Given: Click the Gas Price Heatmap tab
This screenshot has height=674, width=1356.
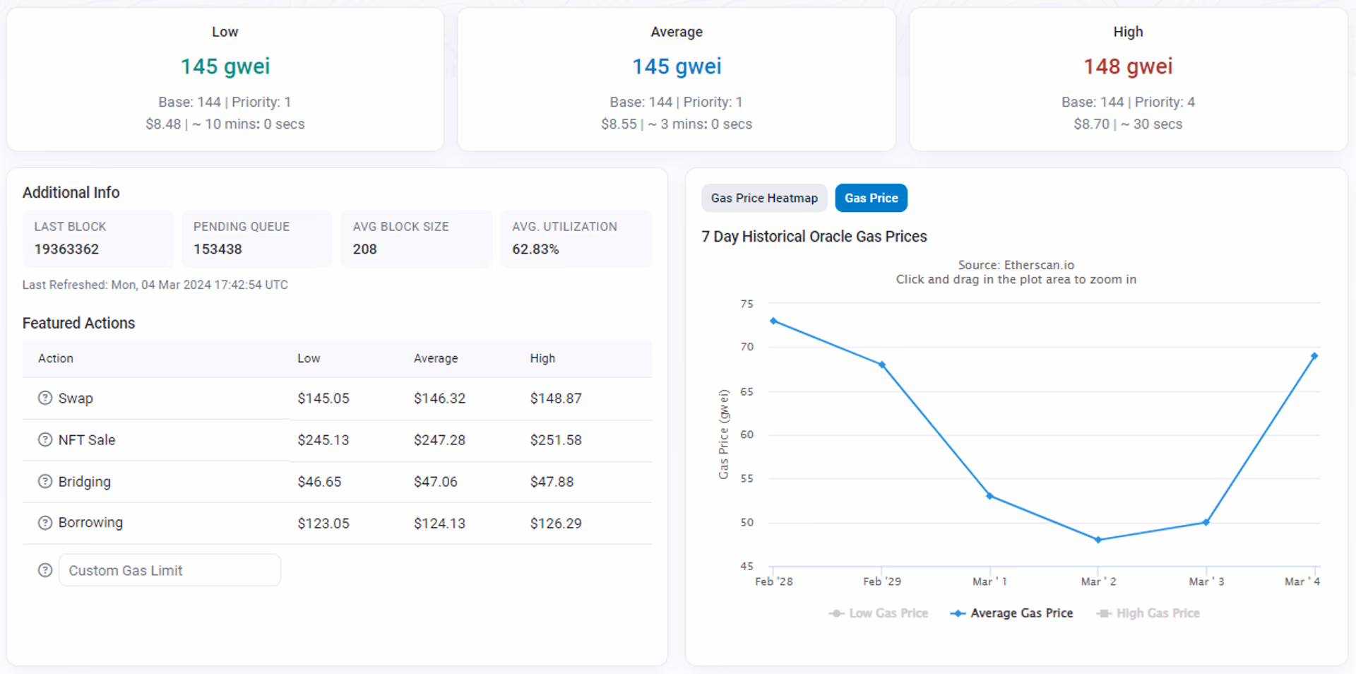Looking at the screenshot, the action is [x=764, y=199].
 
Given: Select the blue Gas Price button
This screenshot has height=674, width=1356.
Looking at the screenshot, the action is [x=871, y=199].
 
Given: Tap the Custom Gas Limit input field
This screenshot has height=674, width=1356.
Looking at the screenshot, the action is [x=169, y=570].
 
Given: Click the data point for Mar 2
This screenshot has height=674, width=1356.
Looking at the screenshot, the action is [x=1098, y=540].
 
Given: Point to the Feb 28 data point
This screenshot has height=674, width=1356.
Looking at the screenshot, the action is [x=773, y=321].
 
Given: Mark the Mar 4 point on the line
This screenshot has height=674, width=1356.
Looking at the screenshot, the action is [x=1314, y=356].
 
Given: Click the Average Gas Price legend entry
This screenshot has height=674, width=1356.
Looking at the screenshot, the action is [x=1011, y=613].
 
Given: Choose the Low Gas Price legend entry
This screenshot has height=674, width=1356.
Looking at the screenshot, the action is [x=879, y=613].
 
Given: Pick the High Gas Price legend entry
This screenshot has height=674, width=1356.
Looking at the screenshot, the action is [x=1148, y=613].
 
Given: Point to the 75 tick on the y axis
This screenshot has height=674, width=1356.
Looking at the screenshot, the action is [x=747, y=304].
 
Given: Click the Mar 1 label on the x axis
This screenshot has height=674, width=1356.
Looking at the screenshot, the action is [x=989, y=581].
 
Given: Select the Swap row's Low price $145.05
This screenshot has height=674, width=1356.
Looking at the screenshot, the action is [x=323, y=398].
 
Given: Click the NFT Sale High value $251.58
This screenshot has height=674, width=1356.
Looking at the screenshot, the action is [x=556, y=440].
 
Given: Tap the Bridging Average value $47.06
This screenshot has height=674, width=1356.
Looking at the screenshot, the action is [x=436, y=482].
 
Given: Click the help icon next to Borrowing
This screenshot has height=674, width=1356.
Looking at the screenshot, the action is [x=45, y=523].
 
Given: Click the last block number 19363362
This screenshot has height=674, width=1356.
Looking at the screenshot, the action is [x=66, y=249].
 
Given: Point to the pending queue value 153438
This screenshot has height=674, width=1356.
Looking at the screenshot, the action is [x=218, y=249].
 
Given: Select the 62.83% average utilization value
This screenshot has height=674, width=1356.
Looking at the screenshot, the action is [x=535, y=249].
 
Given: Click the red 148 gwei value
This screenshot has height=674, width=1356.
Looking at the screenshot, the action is [x=1128, y=66].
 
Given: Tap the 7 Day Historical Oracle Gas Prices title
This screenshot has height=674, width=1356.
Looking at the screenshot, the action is [x=814, y=237].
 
